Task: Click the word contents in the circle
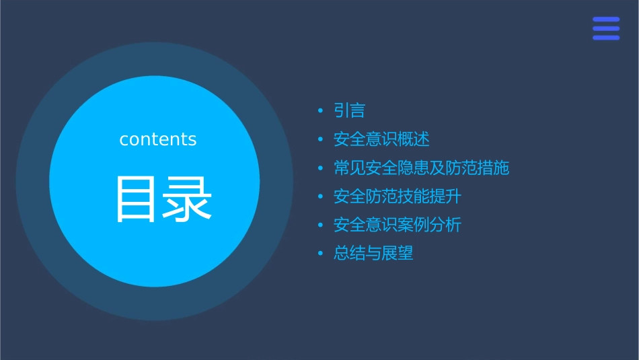point(158,139)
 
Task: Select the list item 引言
point(349,110)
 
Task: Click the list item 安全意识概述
point(381,139)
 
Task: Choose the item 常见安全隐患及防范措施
point(421,168)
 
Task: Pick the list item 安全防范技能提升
point(398,196)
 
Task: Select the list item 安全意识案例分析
point(398,225)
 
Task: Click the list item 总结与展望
point(373,254)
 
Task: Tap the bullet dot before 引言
point(321,111)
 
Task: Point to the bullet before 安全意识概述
point(321,140)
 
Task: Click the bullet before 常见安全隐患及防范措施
point(321,168)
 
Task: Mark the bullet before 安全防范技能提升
point(321,197)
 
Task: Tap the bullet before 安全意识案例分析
point(321,225)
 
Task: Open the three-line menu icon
point(606,28)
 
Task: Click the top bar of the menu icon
point(606,20)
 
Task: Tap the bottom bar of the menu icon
point(606,38)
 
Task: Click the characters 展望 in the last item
point(398,254)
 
